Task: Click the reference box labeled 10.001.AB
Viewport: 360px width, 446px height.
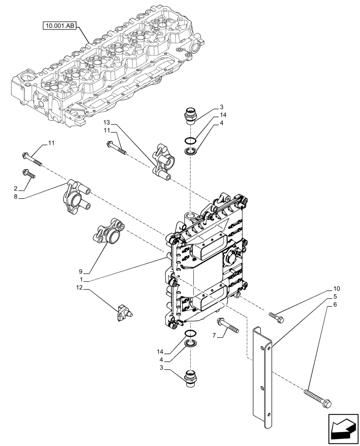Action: click(60, 26)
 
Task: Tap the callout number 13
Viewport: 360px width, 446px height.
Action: click(106, 122)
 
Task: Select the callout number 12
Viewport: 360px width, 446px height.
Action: click(80, 289)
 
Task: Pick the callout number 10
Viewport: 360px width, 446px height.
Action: click(336, 289)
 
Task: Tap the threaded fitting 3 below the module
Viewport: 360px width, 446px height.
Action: click(190, 379)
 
